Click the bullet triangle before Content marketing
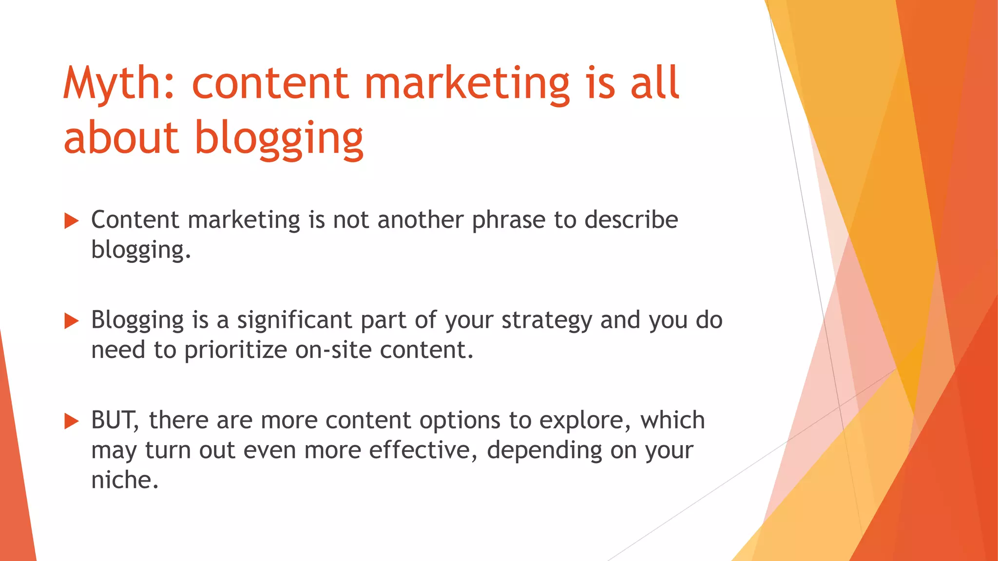72,221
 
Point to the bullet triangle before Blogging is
72,321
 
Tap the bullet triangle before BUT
72,421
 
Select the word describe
631,220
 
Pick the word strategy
546,320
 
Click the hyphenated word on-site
333,350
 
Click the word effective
422,450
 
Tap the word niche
124,480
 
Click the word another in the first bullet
420,220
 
